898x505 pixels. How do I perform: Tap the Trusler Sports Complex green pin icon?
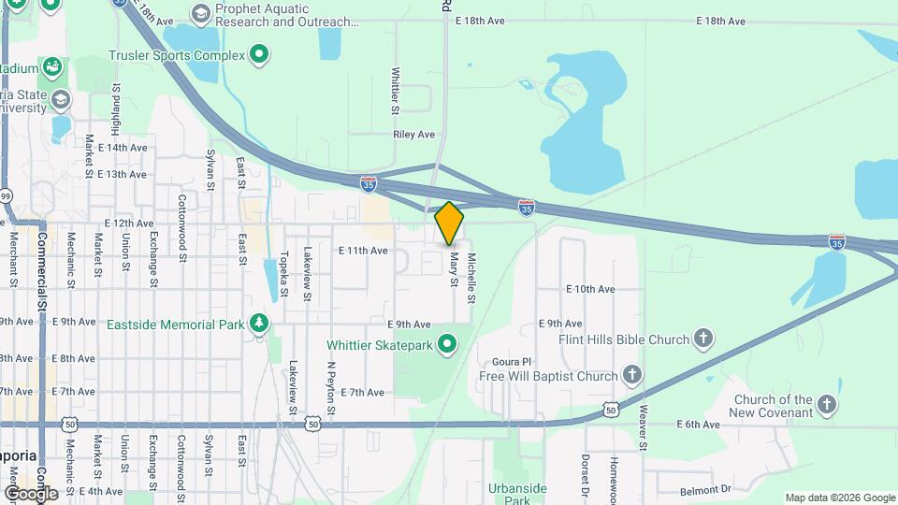pos(259,55)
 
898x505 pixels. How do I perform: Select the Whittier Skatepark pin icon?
pos(447,345)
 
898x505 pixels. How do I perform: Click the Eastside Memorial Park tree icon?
pos(259,325)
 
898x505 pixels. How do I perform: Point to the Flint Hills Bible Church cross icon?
pos(704,339)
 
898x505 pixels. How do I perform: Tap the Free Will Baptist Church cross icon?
pos(632,376)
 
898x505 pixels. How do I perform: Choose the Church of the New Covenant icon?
pos(826,405)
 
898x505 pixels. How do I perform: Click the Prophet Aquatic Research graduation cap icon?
pos(200,14)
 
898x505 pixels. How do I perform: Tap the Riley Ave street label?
pos(414,135)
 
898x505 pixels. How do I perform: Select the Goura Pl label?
pos(511,361)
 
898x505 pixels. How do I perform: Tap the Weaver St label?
pos(644,426)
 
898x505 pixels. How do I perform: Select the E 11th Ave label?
pos(363,251)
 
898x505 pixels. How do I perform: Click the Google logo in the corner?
pos(30,494)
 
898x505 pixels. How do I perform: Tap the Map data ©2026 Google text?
pos(839,498)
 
